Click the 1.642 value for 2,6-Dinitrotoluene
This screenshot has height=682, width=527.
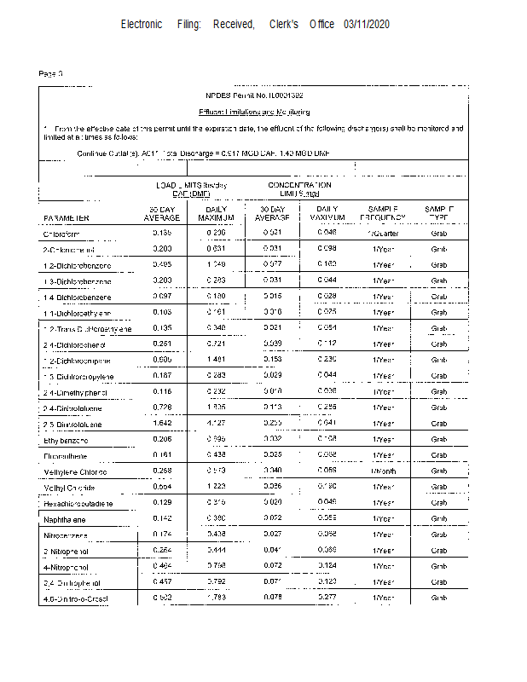tap(161, 423)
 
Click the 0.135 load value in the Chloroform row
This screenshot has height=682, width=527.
tap(161, 232)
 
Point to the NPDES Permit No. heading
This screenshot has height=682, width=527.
tap(254, 95)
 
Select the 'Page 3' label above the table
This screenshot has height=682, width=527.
tap(51, 74)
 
